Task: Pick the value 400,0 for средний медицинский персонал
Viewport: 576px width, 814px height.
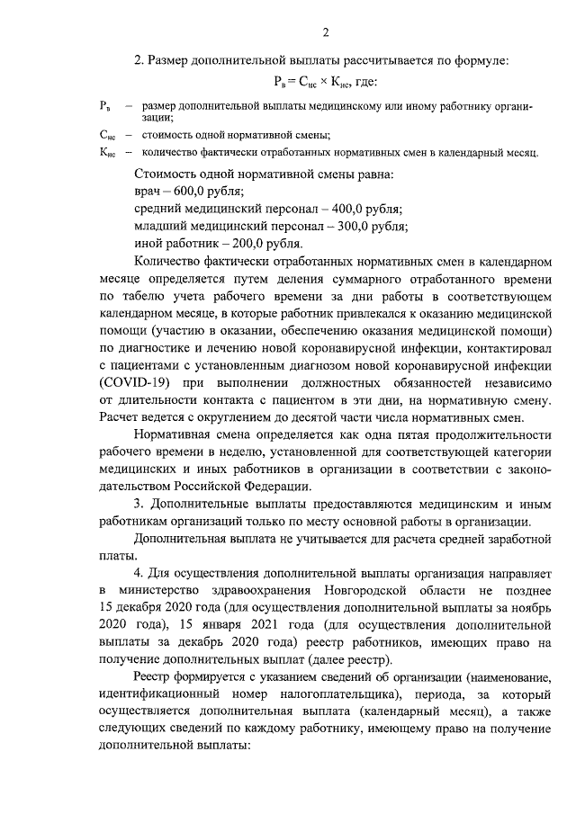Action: coord(355,208)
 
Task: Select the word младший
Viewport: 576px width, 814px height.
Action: coord(160,226)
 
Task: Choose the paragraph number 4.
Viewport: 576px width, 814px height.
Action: coord(139,573)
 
